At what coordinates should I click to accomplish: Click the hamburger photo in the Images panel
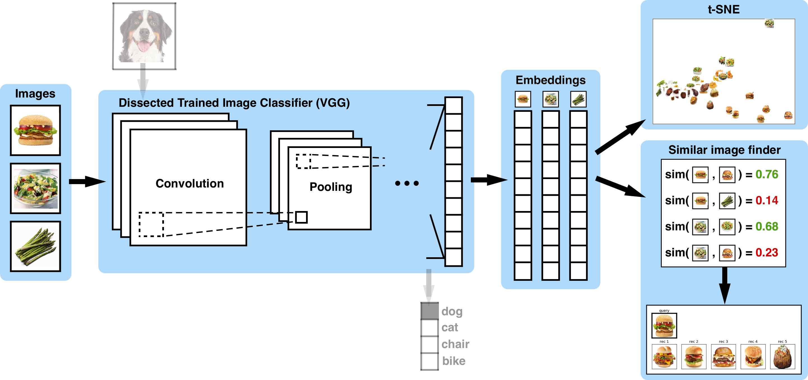click(35, 130)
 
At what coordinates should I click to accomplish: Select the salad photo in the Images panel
click(35, 188)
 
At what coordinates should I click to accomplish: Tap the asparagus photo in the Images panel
click(35, 246)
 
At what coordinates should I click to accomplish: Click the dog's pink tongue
click(144, 47)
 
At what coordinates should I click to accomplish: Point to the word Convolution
click(189, 184)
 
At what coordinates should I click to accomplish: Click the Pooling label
click(331, 187)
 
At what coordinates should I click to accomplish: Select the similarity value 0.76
click(767, 174)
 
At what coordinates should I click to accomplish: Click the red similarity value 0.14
click(767, 200)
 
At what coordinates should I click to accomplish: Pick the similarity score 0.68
click(767, 226)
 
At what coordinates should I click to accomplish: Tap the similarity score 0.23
click(767, 252)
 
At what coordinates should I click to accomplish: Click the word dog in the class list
click(452, 311)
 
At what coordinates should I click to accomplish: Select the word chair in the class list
click(455, 344)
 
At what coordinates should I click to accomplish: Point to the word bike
click(453, 361)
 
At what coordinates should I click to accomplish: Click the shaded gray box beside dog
click(429, 311)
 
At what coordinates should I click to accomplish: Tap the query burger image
click(664, 326)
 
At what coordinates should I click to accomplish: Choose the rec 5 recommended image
click(782, 356)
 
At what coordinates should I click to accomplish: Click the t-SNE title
click(724, 10)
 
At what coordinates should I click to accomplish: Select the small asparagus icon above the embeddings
click(578, 99)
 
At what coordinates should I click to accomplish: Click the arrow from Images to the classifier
click(86, 182)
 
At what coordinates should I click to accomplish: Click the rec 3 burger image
click(723, 356)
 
